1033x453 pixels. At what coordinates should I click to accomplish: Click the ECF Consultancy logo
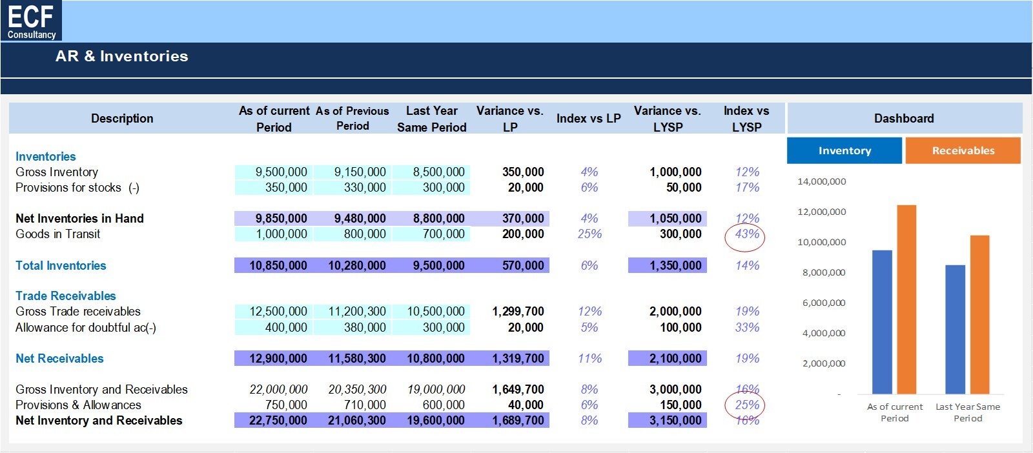pos(31,21)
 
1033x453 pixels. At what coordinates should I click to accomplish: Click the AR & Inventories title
pos(122,56)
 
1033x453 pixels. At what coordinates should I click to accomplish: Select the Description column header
pos(122,119)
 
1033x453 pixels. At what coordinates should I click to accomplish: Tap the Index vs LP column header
pos(588,119)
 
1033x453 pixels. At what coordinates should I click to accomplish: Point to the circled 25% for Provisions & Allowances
pos(745,405)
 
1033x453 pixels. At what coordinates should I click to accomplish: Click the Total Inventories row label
pos(61,265)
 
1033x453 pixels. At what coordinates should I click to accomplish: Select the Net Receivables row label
pos(59,359)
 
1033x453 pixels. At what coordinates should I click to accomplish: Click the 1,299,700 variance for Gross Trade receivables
pos(518,312)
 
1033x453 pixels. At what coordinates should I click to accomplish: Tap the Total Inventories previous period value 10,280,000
pos(357,265)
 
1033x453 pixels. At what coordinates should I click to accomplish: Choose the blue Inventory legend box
pos(844,151)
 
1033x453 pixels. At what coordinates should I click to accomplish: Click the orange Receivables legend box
pos(963,151)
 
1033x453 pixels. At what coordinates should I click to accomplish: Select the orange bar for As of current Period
pos(906,299)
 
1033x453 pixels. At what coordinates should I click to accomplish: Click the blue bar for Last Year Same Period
pos(955,330)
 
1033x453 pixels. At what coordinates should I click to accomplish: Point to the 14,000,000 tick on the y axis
pos(822,181)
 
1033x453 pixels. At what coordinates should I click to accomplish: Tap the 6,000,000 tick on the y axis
pos(824,303)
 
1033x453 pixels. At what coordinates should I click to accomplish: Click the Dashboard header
pos(904,119)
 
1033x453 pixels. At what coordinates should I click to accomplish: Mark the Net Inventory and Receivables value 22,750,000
pos(278,420)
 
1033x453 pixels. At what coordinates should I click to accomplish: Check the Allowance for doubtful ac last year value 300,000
pos(444,328)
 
